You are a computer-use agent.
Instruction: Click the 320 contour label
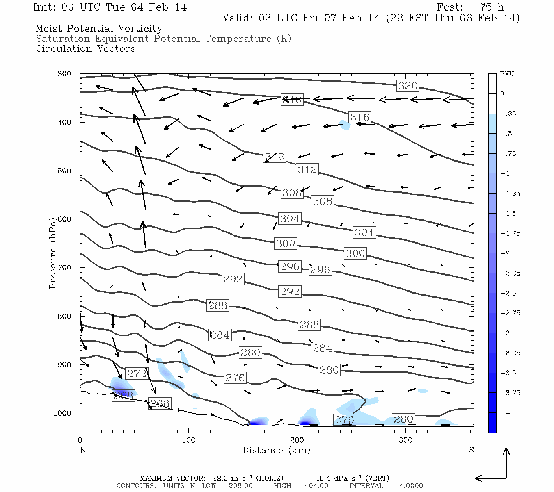click(408, 86)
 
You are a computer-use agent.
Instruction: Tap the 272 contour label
click(137, 374)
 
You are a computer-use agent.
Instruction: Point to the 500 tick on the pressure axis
click(64, 171)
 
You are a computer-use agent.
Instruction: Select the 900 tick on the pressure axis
click(64, 365)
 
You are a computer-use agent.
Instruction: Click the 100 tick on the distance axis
click(188, 440)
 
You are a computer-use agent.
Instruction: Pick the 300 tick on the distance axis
click(405, 440)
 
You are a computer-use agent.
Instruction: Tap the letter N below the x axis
click(83, 450)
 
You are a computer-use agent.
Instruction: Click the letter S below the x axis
click(471, 450)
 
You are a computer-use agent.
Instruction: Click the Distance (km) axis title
click(276, 450)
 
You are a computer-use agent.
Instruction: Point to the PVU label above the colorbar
click(506, 74)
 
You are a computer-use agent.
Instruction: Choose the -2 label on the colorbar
click(505, 253)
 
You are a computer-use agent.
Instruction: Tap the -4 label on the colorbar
click(505, 413)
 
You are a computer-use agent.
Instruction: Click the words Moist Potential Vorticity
click(99, 29)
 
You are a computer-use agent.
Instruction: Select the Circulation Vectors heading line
click(85, 49)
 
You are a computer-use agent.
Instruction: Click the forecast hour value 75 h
click(491, 7)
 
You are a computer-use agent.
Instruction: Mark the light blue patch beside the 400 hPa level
click(345, 125)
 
